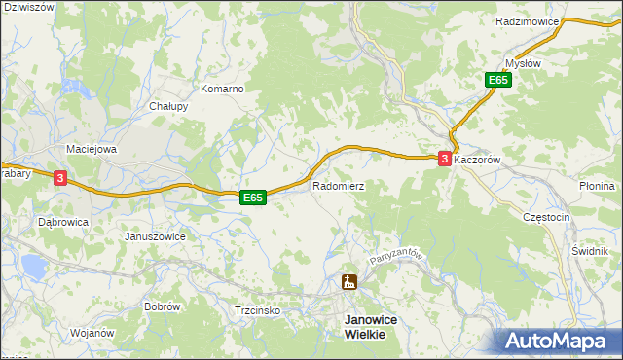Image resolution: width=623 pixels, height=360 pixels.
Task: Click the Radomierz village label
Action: click(x=338, y=185)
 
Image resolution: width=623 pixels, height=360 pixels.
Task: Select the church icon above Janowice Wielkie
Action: click(x=348, y=282)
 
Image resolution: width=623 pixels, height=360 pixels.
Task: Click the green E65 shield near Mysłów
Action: click(x=498, y=81)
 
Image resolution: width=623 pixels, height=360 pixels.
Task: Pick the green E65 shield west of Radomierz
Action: click(x=253, y=198)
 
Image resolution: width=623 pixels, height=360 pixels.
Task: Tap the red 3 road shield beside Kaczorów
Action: click(x=445, y=159)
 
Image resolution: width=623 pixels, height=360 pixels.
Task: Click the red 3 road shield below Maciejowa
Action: click(x=60, y=178)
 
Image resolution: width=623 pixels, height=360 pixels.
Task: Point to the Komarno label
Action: click(x=221, y=89)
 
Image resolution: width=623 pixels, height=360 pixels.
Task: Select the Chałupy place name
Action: click(x=167, y=107)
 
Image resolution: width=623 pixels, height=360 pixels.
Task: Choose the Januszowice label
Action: click(x=156, y=236)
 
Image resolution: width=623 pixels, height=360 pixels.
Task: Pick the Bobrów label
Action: click(x=162, y=306)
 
